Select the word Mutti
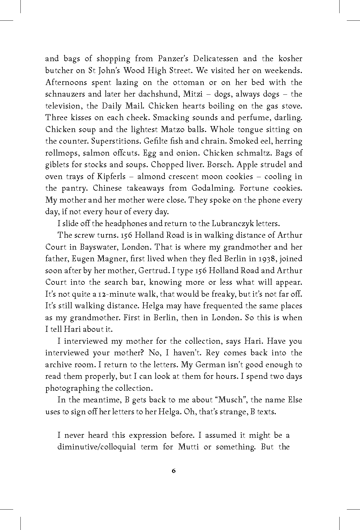188,447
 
